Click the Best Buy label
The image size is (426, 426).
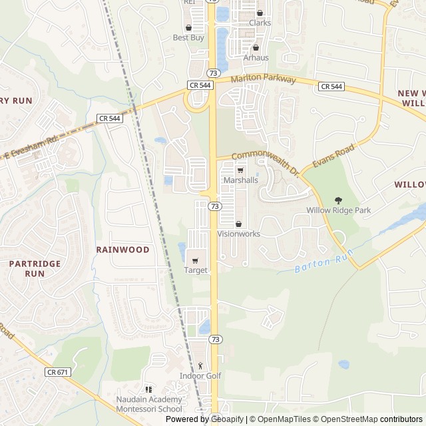(188, 38)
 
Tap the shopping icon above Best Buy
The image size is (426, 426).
(188, 28)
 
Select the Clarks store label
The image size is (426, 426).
(260, 23)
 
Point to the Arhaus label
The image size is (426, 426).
(256, 58)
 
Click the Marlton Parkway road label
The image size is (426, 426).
(264, 79)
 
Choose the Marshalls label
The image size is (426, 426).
(240, 180)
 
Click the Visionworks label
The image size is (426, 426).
(238, 234)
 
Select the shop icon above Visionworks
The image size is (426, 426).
(238, 224)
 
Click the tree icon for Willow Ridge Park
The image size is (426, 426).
(338, 200)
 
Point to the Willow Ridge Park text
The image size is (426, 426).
(338, 210)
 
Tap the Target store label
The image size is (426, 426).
(196, 270)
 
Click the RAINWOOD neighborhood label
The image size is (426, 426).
(122, 250)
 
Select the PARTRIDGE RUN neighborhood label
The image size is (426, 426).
(35, 268)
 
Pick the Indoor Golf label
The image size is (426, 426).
(200, 376)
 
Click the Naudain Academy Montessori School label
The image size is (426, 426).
(148, 404)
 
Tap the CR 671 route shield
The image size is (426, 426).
(58, 372)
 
